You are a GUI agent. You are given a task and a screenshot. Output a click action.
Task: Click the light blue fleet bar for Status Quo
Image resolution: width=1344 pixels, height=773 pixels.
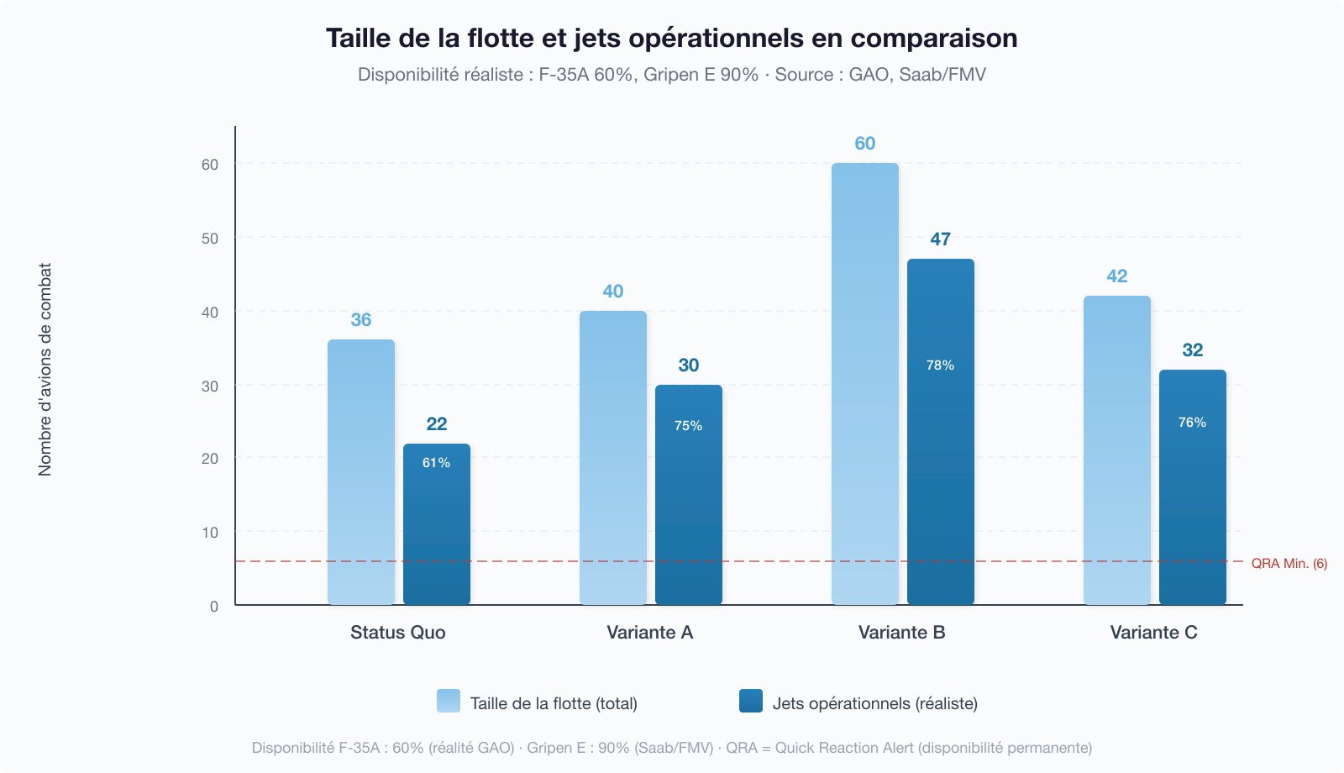pos(361,471)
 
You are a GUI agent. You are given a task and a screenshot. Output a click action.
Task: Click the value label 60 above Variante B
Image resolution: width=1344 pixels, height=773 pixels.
pos(865,144)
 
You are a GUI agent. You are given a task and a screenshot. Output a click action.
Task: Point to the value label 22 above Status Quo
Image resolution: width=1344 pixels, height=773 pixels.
pos(437,424)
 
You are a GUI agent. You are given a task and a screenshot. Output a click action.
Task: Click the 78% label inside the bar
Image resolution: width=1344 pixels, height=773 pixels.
pos(940,365)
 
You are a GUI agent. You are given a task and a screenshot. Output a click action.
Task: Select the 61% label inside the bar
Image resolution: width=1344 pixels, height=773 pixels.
pos(436,463)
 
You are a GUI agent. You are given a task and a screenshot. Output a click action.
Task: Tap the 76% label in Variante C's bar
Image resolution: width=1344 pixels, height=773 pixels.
pos(1192,423)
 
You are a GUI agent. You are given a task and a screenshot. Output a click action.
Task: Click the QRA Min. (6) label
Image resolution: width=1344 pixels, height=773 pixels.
pos(1289,564)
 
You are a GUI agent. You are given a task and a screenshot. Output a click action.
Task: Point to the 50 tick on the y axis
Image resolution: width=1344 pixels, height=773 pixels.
pos(210,239)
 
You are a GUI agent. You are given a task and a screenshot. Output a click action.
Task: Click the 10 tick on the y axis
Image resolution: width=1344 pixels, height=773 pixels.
pos(210,533)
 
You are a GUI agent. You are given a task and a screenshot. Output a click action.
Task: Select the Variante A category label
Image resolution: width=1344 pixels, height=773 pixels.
pos(649,633)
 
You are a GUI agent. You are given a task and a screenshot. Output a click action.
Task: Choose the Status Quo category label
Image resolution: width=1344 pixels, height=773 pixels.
pos(397,633)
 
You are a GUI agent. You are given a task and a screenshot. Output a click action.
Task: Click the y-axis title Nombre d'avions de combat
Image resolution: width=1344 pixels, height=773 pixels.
pos(45,370)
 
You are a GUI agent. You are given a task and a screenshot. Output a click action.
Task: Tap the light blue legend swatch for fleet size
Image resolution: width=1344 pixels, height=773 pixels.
pos(449,702)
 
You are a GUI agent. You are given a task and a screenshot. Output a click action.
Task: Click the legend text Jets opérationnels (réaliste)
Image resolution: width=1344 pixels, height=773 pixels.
pos(874,703)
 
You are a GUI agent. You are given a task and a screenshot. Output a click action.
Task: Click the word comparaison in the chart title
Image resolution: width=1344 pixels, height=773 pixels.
pos(933,39)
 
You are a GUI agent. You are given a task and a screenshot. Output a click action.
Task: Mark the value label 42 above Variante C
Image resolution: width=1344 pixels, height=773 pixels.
pos(1117,276)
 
